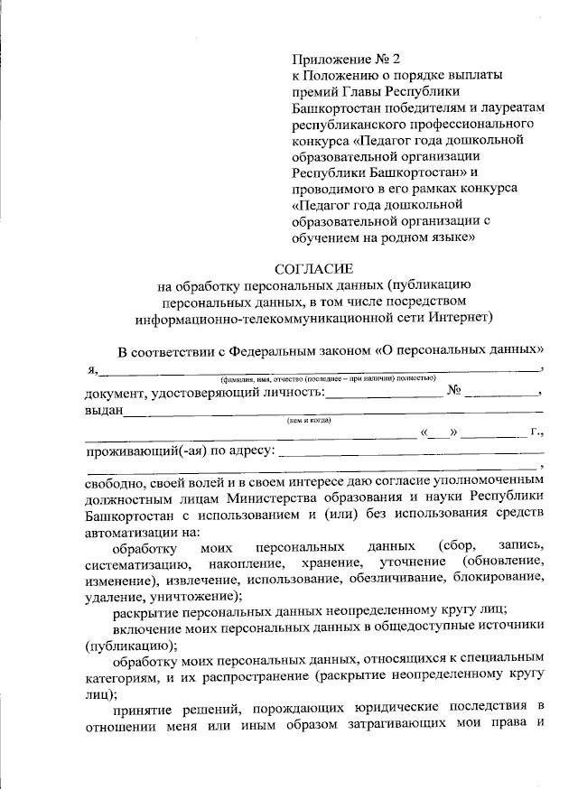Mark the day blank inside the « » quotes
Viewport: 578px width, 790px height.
[439, 434]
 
